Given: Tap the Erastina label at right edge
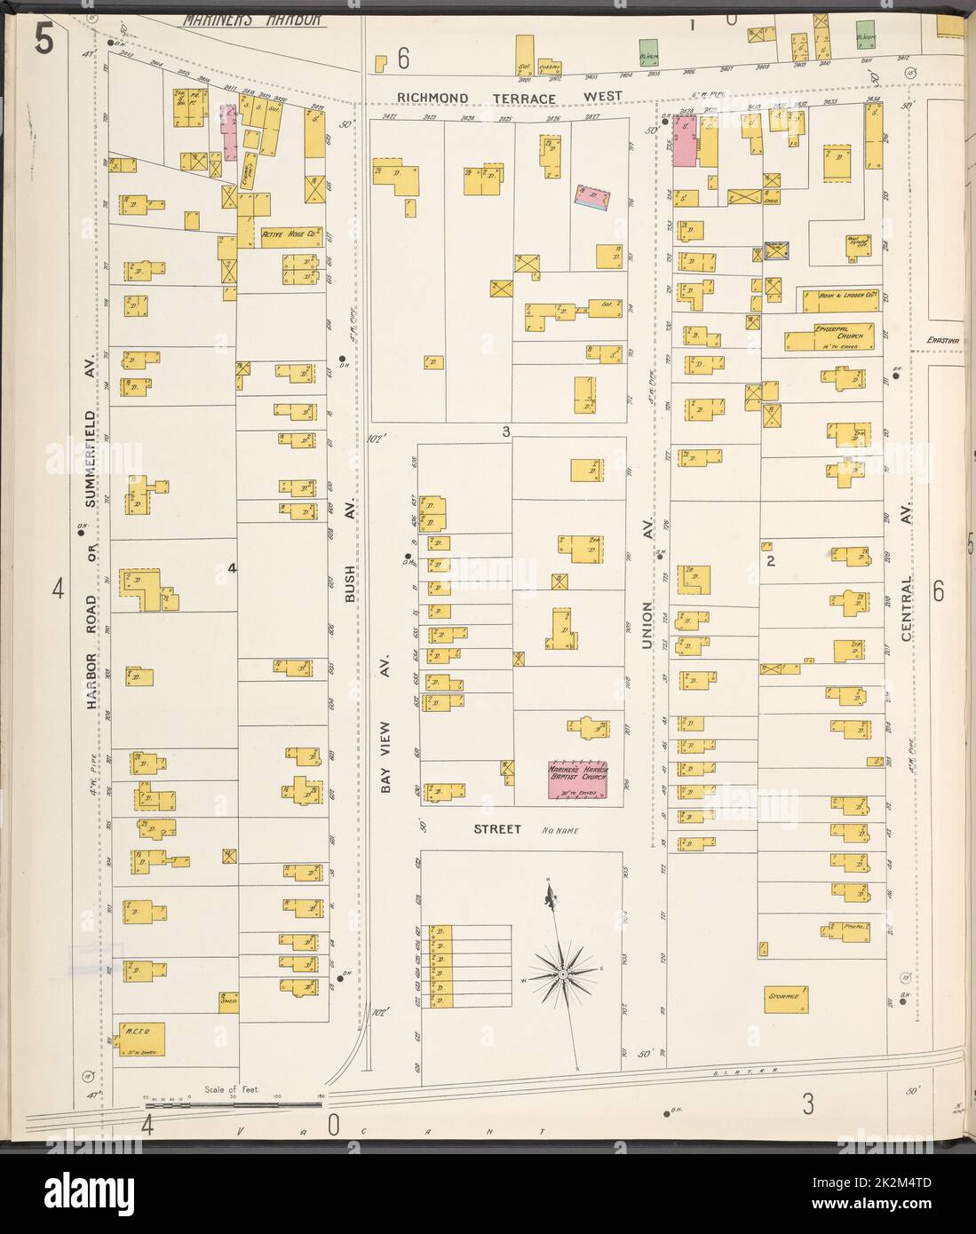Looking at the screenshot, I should (938, 339).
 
